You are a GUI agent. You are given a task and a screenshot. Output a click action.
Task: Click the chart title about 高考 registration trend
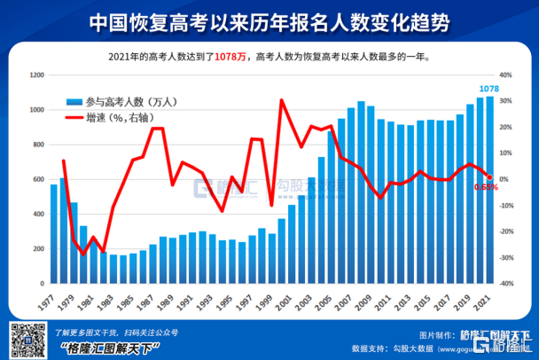[269, 22]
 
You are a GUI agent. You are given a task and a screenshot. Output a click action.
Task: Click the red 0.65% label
[486, 187]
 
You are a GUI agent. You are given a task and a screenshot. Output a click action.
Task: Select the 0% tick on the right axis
[505, 179]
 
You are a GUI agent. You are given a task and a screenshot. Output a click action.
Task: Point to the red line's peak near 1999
[281, 100]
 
